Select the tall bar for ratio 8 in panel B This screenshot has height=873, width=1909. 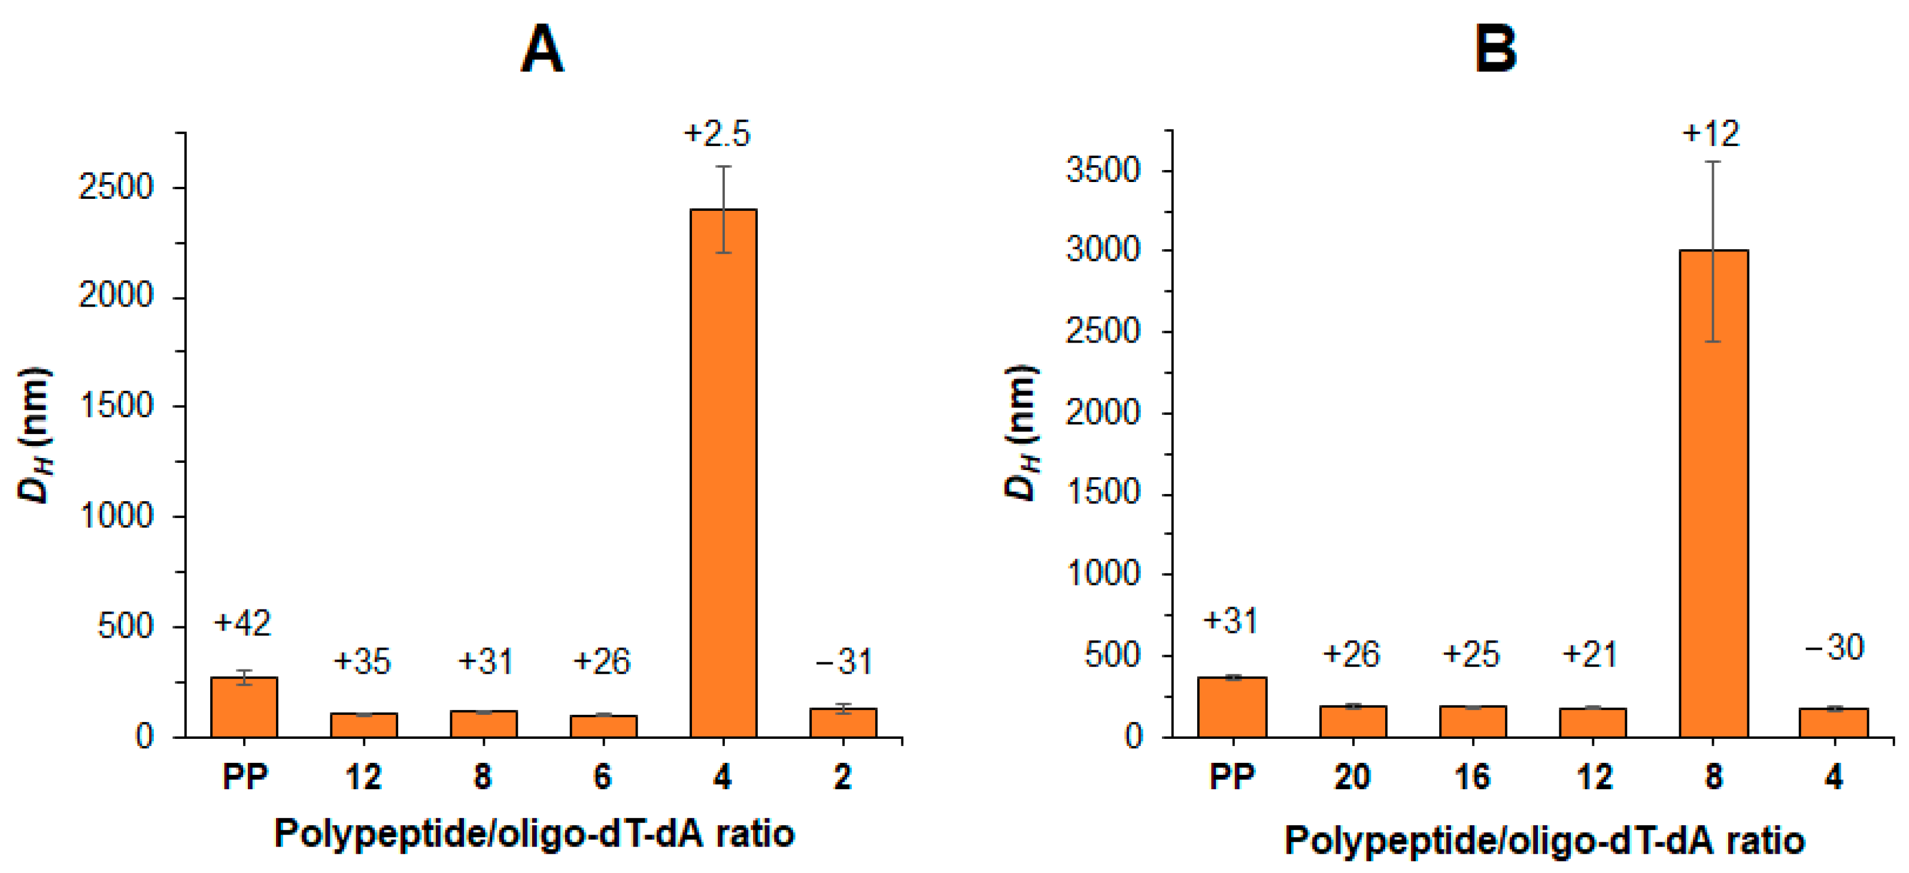(x=1713, y=493)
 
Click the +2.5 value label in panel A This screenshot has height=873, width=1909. (x=717, y=134)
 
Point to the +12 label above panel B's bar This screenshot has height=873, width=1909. (x=1710, y=134)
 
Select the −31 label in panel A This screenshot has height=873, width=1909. (x=843, y=661)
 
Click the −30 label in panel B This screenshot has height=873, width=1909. (x=1834, y=648)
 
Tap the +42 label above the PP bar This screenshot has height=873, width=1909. (x=242, y=623)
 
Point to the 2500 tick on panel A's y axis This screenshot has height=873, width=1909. (x=116, y=187)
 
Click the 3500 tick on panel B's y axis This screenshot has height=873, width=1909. (x=1103, y=171)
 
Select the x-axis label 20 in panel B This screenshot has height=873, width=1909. (x=1352, y=777)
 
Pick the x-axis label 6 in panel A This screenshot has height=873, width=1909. (x=602, y=777)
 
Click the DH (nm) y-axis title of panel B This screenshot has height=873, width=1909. (x=1022, y=434)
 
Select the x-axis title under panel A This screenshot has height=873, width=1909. (x=535, y=833)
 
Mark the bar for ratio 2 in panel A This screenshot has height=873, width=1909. (x=843, y=722)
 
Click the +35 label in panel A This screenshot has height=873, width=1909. (x=362, y=661)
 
